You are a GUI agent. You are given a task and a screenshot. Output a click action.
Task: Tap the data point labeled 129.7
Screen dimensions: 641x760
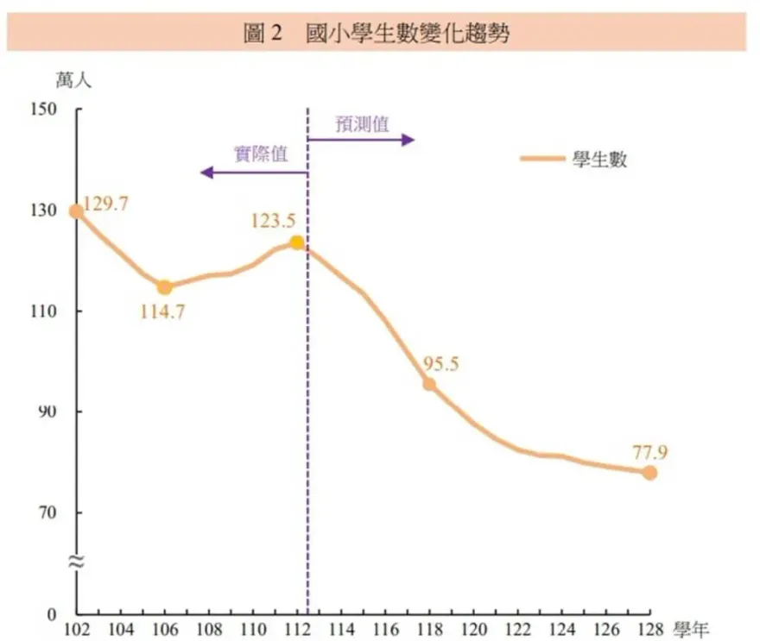(77, 211)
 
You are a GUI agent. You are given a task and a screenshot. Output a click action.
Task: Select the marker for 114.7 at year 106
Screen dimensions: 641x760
(164, 287)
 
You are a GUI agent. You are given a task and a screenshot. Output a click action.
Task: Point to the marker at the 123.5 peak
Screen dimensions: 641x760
(297, 242)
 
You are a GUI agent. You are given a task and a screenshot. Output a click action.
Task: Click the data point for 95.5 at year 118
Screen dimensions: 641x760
(429, 384)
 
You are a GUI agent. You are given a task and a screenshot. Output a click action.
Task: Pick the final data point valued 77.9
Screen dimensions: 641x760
(649, 473)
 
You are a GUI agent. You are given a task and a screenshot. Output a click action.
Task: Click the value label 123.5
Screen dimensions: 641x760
(274, 221)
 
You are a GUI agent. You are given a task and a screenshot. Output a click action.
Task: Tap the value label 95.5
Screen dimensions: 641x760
(440, 363)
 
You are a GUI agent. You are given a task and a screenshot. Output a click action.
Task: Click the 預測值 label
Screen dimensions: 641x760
(363, 123)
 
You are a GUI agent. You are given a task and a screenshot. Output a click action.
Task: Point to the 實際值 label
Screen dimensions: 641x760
(261, 155)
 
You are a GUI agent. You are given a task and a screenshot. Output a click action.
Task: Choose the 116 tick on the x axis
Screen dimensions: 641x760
(385, 629)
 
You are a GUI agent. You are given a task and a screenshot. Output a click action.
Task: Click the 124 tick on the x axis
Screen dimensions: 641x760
(561, 629)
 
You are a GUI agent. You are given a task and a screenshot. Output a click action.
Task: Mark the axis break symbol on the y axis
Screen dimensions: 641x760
(76, 562)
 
